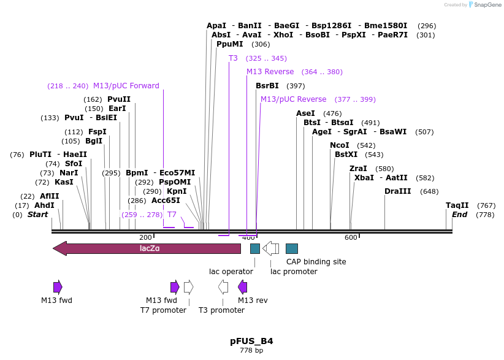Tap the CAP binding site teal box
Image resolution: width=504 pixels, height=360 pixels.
click(x=292, y=248)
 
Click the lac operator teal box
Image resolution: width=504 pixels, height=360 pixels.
click(x=255, y=248)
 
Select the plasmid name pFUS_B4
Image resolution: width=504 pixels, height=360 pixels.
click(x=251, y=341)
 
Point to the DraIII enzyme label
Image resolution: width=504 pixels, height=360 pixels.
click(x=398, y=191)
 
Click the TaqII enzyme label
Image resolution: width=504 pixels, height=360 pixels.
click(x=457, y=205)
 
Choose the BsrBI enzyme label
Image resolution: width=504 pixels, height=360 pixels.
click(x=267, y=86)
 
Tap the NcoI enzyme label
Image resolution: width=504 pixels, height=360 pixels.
click(x=339, y=145)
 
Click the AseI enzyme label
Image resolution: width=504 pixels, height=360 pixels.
click(x=305, y=113)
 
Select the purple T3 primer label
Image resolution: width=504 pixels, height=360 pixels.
click(x=233, y=58)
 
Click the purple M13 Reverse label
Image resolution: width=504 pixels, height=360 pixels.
click(x=270, y=72)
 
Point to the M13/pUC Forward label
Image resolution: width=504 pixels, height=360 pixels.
click(x=126, y=86)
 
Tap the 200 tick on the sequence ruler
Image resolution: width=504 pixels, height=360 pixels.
click(x=145, y=237)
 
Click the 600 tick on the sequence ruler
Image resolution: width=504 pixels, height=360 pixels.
click(x=351, y=237)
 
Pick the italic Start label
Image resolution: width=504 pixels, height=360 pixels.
click(x=37, y=215)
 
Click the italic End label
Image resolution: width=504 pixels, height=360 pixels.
click(x=459, y=215)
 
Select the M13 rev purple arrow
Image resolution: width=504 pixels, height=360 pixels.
click(x=243, y=286)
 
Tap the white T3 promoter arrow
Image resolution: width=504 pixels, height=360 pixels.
click(x=223, y=286)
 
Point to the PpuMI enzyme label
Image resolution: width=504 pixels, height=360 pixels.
click(x=230, y=44)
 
